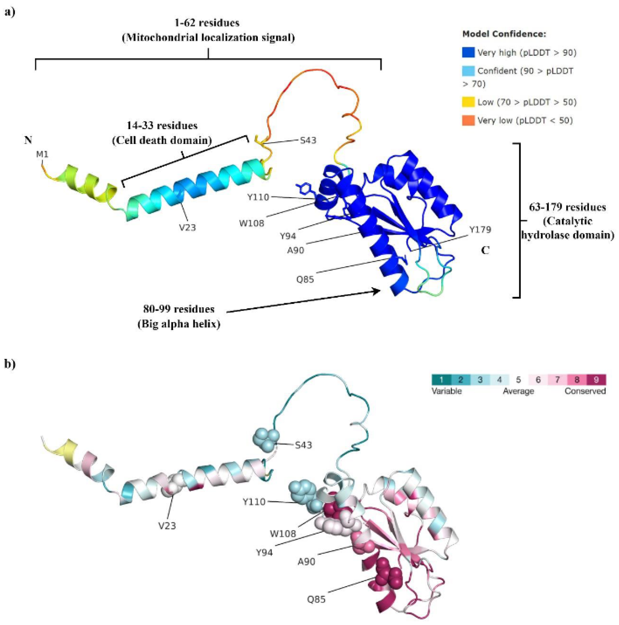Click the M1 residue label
[42, 155]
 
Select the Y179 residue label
[480, 230]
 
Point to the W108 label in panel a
[251, 223]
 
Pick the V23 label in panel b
[167, 526]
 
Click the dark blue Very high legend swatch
[468, 52]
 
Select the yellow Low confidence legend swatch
[468, 102]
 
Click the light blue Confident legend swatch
[468, 71]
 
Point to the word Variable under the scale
[447, 391]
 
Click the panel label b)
[10, 364]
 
